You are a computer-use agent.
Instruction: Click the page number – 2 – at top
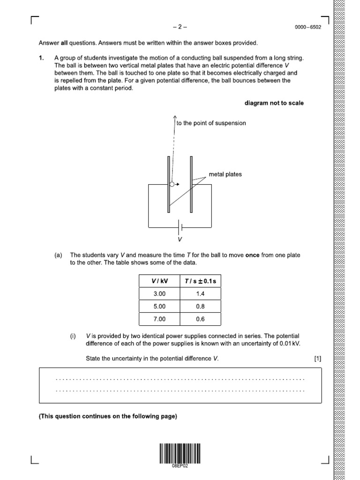180,27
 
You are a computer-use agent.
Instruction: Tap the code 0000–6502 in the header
308,28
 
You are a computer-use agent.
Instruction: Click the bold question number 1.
41,58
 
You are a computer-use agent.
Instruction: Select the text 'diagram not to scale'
274,103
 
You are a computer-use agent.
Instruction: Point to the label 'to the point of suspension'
211,123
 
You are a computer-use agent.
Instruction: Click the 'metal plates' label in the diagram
225,174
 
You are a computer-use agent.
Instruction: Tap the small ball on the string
172,185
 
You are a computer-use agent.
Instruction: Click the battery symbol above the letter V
180,228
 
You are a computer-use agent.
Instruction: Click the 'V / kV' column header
159,281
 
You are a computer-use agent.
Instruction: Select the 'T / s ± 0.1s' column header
201,281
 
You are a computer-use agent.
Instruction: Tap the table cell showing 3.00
159,294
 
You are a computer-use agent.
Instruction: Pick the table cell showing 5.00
159,307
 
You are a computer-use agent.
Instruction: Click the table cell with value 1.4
201,294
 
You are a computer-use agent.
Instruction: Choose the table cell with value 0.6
201,320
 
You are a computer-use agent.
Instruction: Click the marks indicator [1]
318,359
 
